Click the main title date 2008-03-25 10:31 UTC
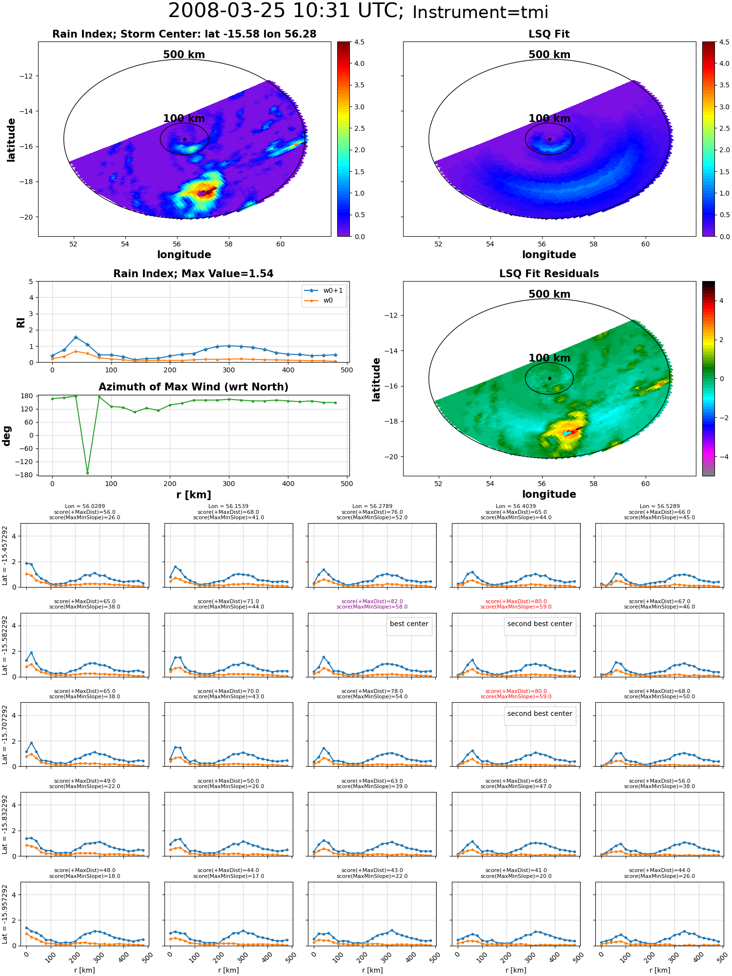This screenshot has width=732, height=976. click(286, 11)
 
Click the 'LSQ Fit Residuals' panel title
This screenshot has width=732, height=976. click(549, 274)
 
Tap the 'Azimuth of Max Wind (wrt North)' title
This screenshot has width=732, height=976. click(194, 387)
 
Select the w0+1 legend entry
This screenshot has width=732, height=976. click(324, 290)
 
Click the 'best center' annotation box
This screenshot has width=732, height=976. click(409, 624)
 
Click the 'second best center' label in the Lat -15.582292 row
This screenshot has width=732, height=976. click(540, 624)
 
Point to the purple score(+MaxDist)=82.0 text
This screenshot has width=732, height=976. click(372, 602)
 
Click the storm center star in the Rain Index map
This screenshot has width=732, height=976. click(184, 140)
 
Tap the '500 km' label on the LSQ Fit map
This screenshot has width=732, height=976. click(549, 55)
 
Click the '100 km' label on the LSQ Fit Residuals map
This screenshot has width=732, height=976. click(549, 358)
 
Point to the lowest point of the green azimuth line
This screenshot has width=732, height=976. click(88, 473)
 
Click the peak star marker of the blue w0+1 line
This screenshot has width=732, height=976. click(76, 337)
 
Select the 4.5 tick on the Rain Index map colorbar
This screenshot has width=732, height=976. click(359, 42)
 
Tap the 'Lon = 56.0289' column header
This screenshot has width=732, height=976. click(84, 507)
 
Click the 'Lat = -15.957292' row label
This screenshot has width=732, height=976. click(5, 915)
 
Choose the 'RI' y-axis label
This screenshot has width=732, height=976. click(20, 323)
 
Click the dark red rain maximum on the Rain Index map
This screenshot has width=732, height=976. click(207, 192)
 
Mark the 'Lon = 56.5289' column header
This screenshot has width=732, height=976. click(659, 507)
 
